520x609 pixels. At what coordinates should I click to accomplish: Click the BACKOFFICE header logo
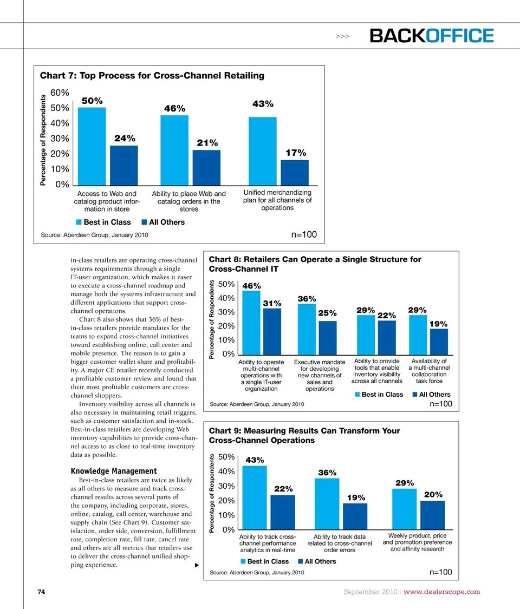[431, 36]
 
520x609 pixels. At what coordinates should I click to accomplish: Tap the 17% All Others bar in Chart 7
[294, 172]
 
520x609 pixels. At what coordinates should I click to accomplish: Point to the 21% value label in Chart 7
[207, 143]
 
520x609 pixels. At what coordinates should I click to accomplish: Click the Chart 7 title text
[152, 76]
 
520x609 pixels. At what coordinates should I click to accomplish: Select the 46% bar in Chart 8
[251, 322]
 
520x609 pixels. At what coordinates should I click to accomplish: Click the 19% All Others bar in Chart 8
[439, 341]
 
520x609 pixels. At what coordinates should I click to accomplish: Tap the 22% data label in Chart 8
[387, 315]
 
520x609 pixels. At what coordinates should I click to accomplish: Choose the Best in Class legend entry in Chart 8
[379, 395]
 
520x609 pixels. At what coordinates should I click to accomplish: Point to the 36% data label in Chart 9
[327, 473]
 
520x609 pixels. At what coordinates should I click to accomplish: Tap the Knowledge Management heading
[114, 471]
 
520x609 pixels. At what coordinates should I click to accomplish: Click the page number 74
[41, 591]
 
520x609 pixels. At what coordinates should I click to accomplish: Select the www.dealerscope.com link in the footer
[442, 591]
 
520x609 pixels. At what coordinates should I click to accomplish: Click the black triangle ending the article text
[197, 565]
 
